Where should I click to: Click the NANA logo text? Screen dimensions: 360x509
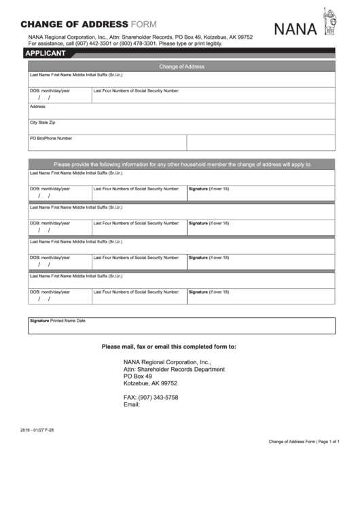pyautogui.click(x=297, y=28)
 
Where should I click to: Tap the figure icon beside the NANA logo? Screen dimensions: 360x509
pyautogui.click(x=331, y=22)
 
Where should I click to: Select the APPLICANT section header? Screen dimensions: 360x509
pyautogui.click(x=45, y=53)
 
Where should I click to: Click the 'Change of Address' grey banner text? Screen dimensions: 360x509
pyautogui.click(x=181, y=67)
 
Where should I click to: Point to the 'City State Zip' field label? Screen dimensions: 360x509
pyautogui.click(x=43, y=122)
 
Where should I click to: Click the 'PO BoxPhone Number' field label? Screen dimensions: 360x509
pyautogui.click(x=51, y=138)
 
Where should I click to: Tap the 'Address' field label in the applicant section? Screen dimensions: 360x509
pyautogui.click(x=37, y=107)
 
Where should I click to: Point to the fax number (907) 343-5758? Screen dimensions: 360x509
pyautogui.click(x=151, y=397)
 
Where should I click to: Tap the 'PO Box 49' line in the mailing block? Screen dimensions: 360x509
pyautogui.click(x=137, y=376)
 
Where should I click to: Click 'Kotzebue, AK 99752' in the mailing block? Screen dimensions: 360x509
pyautogui.click(x=150, y=383)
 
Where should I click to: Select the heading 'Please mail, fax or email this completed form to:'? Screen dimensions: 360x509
pyautogui.click(x=168, y=347)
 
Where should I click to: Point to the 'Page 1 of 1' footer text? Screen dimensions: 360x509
pyautogui.click(x=329, y=442)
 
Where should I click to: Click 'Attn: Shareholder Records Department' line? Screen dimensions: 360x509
pyautogui.click(x=173, y=369)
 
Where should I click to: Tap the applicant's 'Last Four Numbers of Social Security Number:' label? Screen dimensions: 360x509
pyautogui.click(x=136, y=90)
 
